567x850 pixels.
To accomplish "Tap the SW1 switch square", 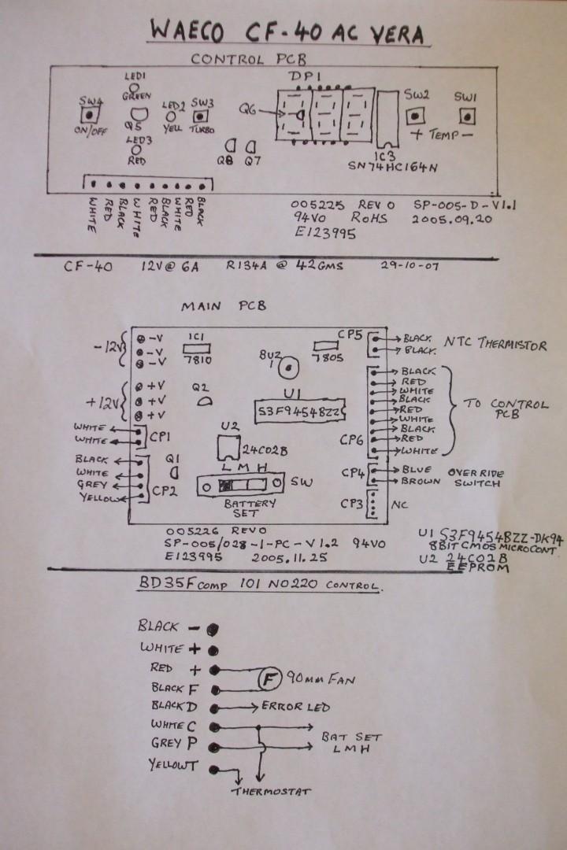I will [467, 116].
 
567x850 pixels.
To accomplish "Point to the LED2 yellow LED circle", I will [171, 118].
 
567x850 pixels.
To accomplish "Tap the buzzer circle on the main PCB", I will [291, 366].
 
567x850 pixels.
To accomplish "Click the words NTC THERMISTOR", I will [496, 345].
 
